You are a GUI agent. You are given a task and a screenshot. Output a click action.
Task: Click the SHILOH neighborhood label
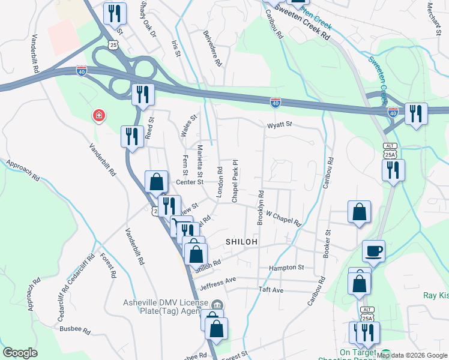241,241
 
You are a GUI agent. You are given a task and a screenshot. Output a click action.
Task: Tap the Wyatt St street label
279,125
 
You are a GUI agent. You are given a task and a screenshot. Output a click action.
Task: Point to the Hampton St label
287,268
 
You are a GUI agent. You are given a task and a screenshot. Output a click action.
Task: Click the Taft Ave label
270,290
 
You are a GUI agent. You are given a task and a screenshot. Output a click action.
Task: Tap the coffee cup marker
373,251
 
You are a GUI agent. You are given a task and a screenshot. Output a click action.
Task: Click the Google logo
20,353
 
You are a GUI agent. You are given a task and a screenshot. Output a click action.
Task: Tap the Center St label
190,182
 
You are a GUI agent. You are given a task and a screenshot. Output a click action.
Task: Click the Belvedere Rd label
212,49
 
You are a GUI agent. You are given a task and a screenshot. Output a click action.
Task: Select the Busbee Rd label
74,330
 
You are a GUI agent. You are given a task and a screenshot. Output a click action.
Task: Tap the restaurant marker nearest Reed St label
131,136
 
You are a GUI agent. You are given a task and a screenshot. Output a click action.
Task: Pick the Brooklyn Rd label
261,207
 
